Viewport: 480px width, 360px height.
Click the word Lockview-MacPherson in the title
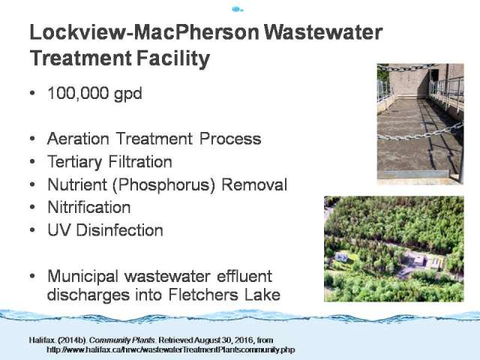click(145, 32)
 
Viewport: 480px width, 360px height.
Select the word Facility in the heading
click(173, 58)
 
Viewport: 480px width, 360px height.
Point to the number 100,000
click(78, 93)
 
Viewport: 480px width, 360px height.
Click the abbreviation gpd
click(128, 94)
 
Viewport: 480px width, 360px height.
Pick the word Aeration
click(78, 139)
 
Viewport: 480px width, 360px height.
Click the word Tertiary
click(75, 162)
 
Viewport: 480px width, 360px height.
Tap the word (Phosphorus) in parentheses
click(163, 185)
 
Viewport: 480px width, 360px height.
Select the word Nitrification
click(89, 207)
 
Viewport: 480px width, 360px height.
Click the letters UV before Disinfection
click(59, 230)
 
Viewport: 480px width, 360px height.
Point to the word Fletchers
click(203, 295)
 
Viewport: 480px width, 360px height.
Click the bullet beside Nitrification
click(33, 207)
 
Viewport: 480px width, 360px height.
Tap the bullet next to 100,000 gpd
click(33, 93)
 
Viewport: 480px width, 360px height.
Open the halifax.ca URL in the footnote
click(170, 349)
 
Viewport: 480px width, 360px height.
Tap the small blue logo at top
click(238, 10)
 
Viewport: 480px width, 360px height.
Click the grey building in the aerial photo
click(418, 260)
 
